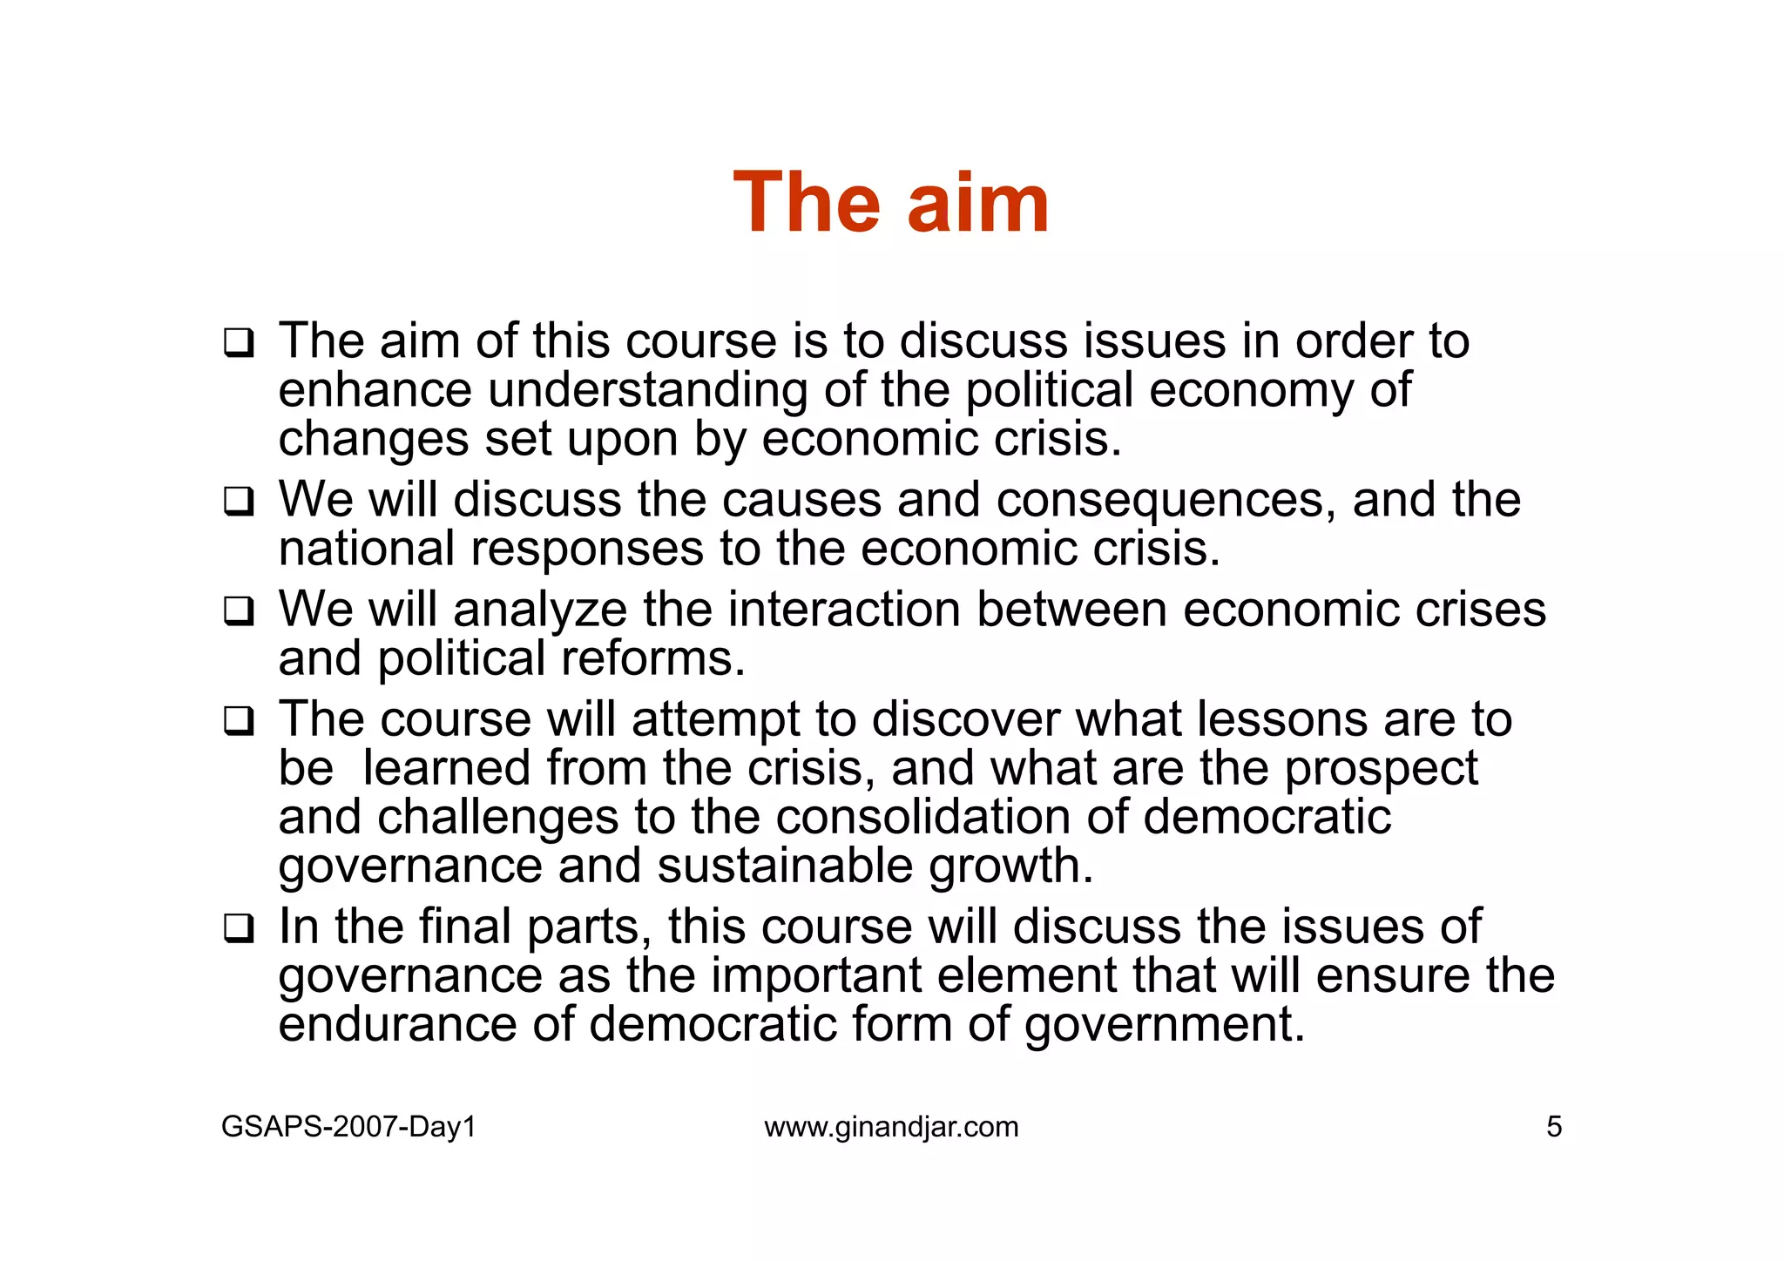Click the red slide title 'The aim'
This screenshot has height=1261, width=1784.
pyautogui.click(x=891, y=203)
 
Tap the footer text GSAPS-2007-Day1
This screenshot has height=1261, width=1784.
pyautogui.click(x=348, y=1127)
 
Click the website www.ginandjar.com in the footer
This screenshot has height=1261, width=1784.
pyautogui.click(x=891, y=1127)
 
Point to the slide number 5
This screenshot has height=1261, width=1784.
pyautogui.click(x=1554, y=1127)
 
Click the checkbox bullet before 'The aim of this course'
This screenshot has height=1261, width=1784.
pyautogui.click(x=239, y=342)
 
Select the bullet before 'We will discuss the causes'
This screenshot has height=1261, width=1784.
pyautogui.click(x=239, y=502)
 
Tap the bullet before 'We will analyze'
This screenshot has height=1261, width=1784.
pyautogui.click(x=239, y=611)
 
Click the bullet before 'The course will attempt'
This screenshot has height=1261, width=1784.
pyautogui.click(x=239, y=721)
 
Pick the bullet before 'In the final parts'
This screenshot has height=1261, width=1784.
pyautogui.click(x=239, y=928)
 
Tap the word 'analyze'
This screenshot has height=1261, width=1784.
pyautogui.click(x=540, y=610)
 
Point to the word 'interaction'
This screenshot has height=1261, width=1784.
pyautogui.click(x=844, y=609)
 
